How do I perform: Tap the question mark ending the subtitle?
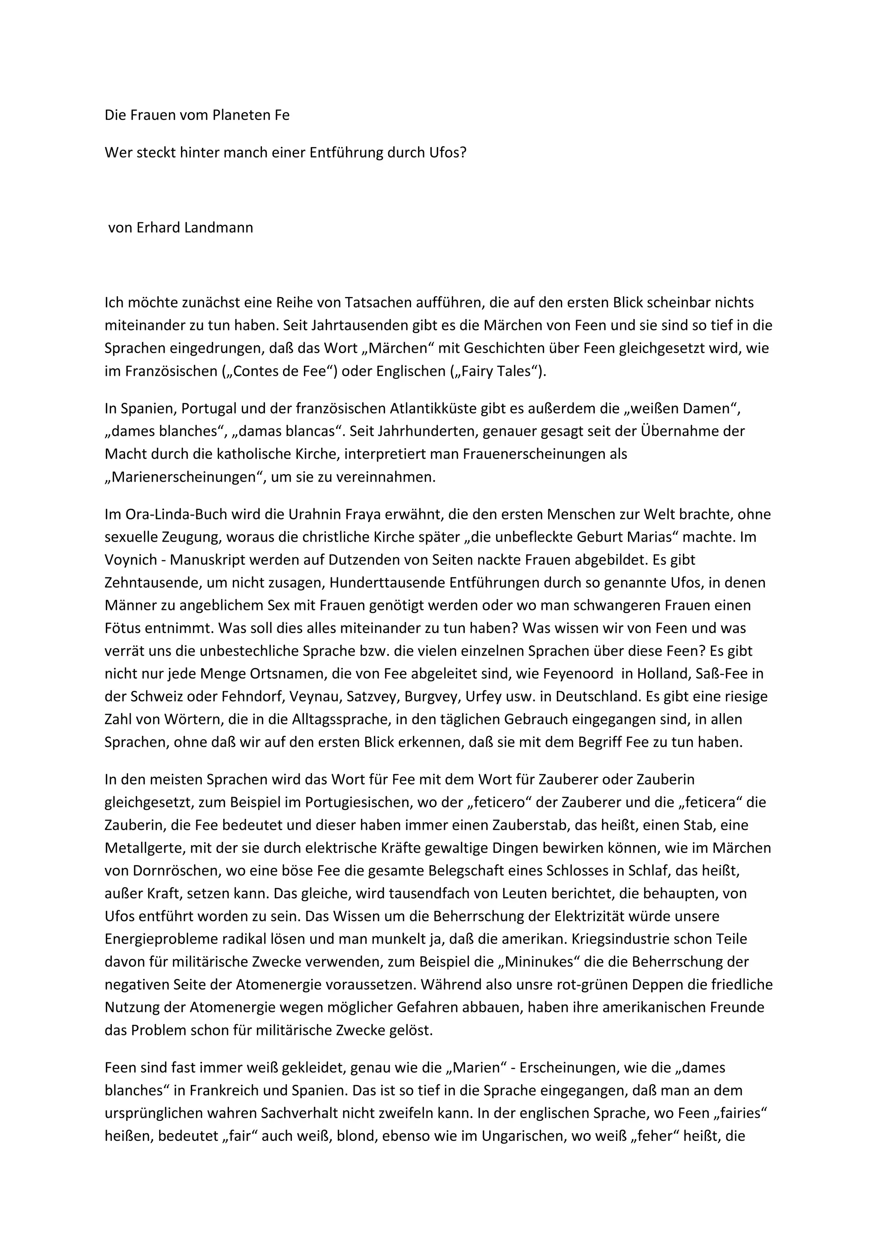(x=463, y=153)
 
